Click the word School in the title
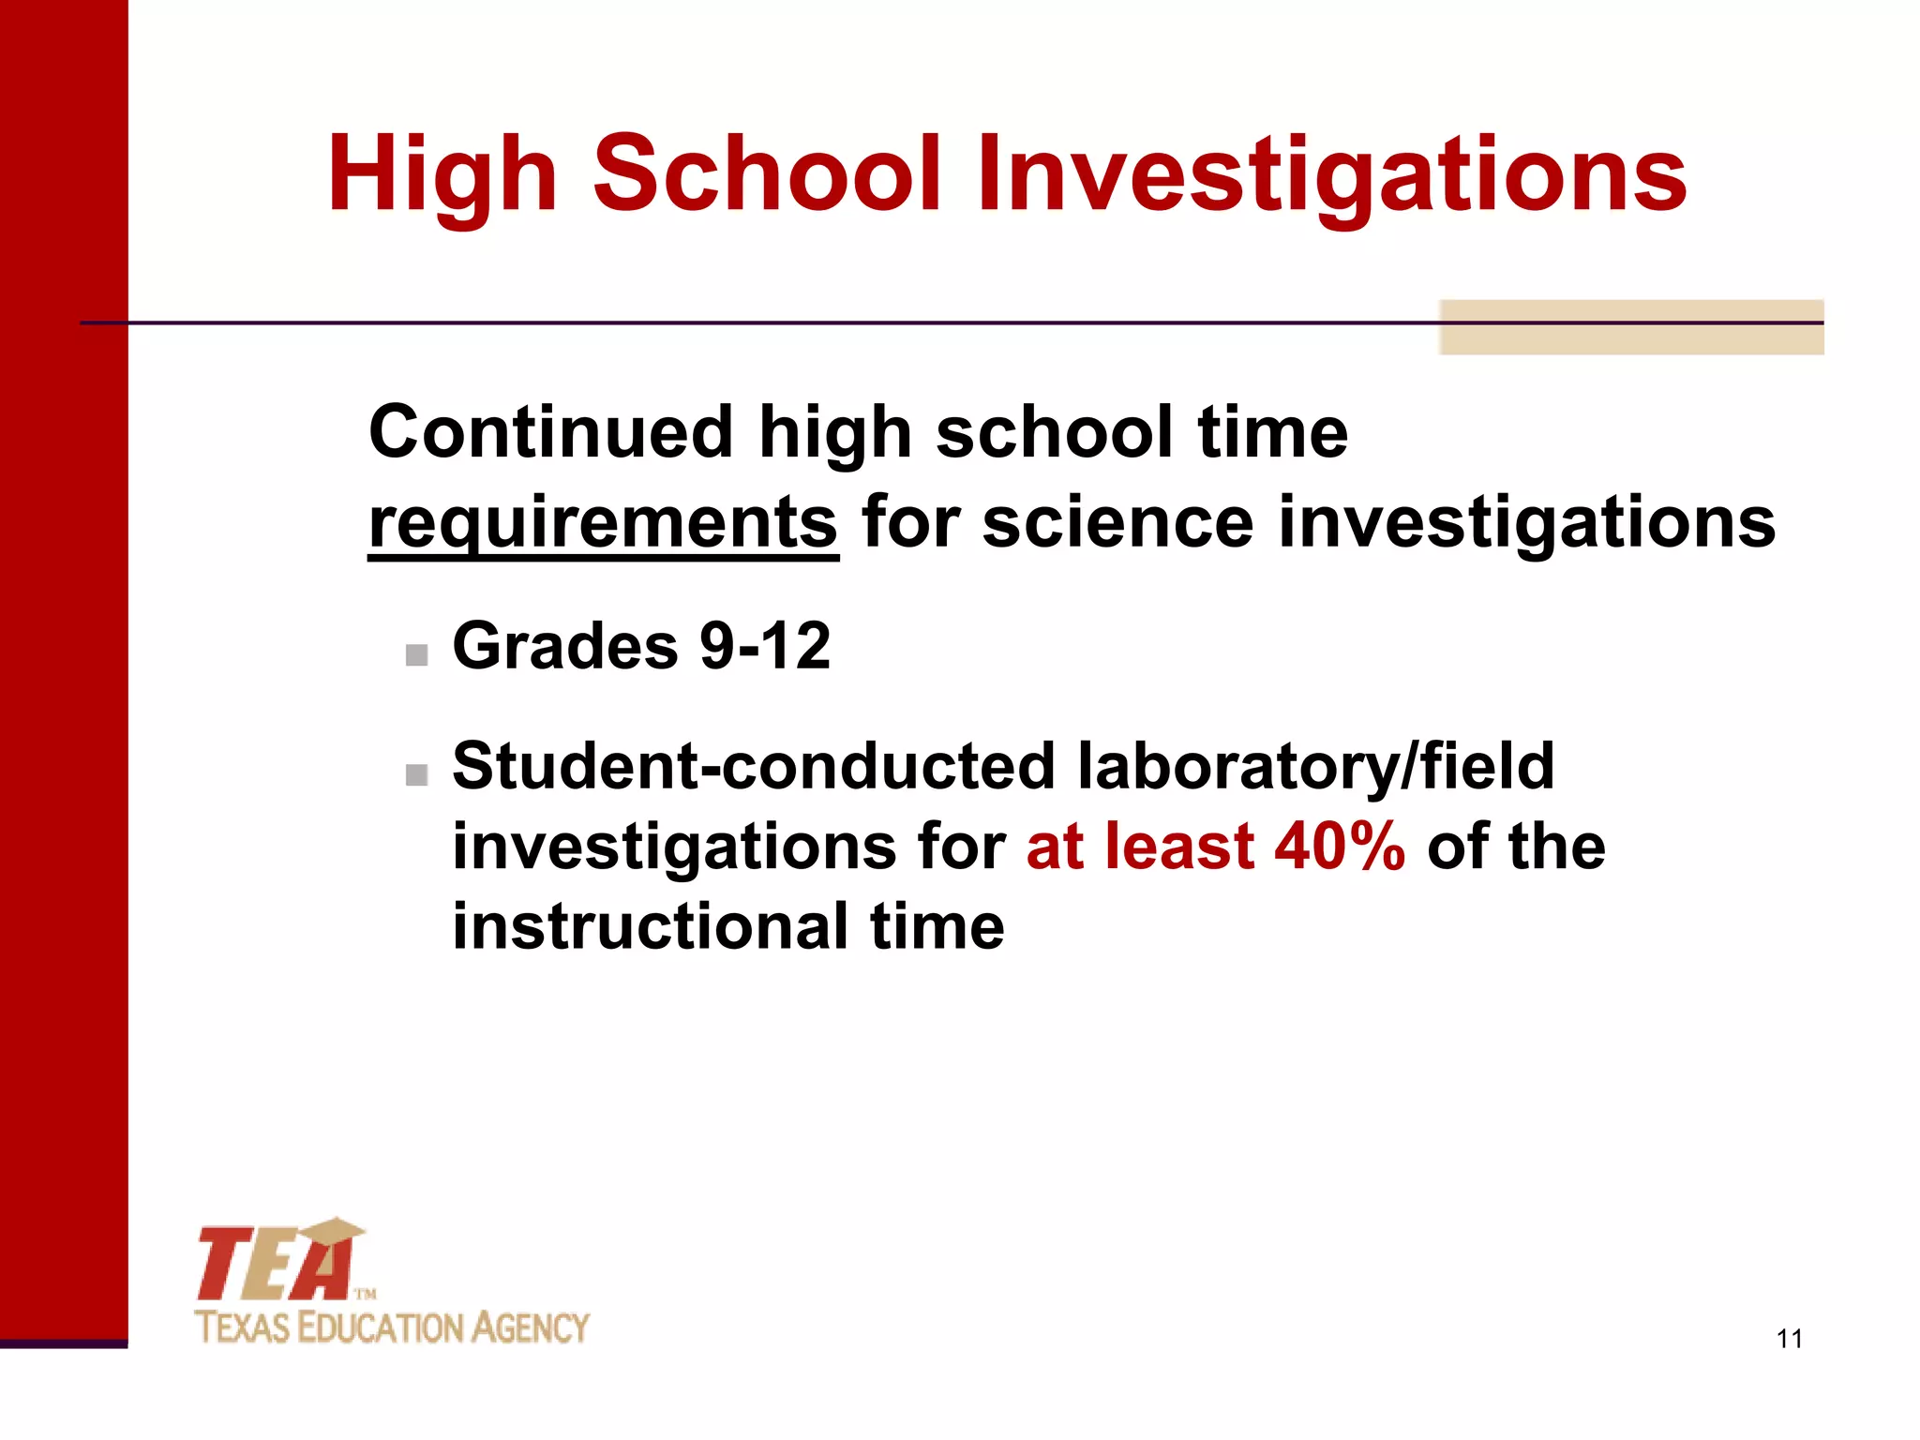point(766,174)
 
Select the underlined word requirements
point(603,524)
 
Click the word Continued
point(550,433)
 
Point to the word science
point(1117,522)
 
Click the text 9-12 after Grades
point(765,647)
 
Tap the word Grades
point(564,647)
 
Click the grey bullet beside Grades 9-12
point(416,654)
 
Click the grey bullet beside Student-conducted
point(416,774)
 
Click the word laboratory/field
point(1315,766)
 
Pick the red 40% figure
point(1340,847)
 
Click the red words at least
point(1140,847)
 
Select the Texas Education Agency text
point(392,1328)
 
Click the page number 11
point(1789,1339)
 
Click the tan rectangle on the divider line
point(1630,327)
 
